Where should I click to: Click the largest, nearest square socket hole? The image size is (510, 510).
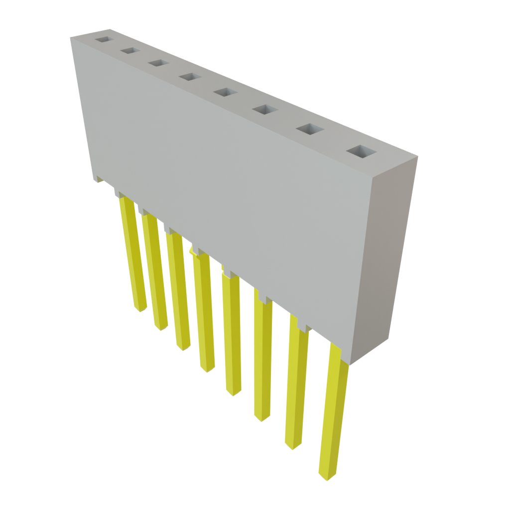click(361, 152)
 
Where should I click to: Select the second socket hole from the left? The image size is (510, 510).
click(128, 51)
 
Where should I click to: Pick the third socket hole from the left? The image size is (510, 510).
click(157, 63)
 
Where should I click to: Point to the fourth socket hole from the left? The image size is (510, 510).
click(188, 77)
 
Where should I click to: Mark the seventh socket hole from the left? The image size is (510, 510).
click(308, 129)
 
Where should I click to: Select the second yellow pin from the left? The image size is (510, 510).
click(155, 271)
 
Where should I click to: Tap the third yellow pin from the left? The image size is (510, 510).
click(178, 291)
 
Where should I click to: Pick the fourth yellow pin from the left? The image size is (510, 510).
click(204, 311)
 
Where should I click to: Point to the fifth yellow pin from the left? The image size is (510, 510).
click(232, 334)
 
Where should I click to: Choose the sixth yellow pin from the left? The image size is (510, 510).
click(262, 356)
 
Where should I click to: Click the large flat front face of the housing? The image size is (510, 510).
click(224, 184)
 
